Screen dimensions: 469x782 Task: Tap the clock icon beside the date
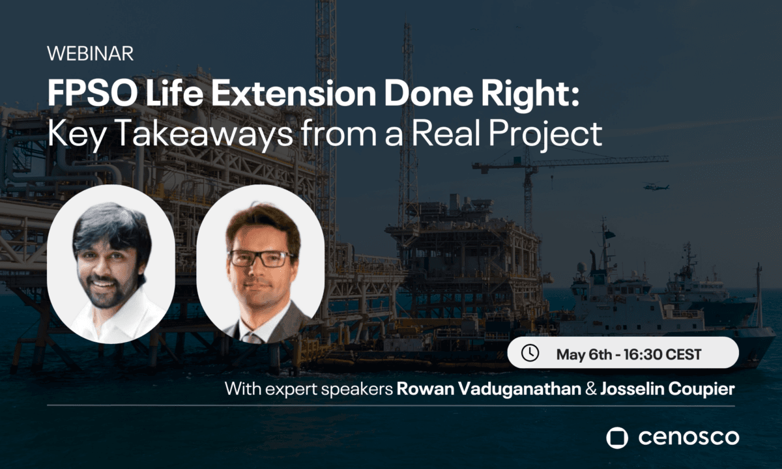[x=530, y=353]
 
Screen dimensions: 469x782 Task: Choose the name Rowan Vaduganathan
[x=489, y=389]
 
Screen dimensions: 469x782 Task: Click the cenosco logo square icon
[x=616, y=438]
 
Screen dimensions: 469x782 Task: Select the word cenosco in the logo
[x=688, y=438]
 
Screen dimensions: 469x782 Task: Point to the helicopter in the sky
[x=656, y=187]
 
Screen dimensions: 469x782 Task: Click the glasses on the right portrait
[x=259, y=259]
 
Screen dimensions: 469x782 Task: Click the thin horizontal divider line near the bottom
[x=391, y=406]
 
